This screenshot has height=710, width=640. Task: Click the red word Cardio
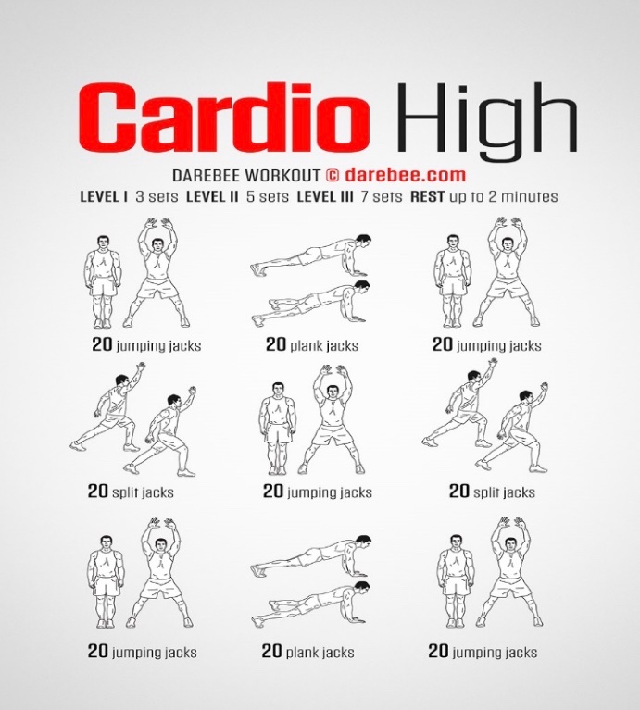(x=224, y=117)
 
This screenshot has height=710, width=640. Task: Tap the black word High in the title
(x=487, y=122)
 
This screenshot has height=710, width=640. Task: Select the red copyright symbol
(x=333, y=175)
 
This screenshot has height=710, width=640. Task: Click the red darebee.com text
(x=405, y=175)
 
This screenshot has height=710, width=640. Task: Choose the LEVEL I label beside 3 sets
(x=104, y=196)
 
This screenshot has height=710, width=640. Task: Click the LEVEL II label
(x=212, y=196)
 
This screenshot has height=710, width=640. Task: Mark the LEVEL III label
(x=325, y=196)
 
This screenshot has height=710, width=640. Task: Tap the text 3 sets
(x=157, y=196)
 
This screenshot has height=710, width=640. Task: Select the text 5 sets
(x=268, y=196)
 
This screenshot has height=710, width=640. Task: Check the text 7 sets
(x=382, y=196)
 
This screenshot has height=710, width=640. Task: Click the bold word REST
(x=427, y=196)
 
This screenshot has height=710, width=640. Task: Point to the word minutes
(x=530, y=196)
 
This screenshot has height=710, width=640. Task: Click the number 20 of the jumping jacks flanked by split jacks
(x=273, y=491)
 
